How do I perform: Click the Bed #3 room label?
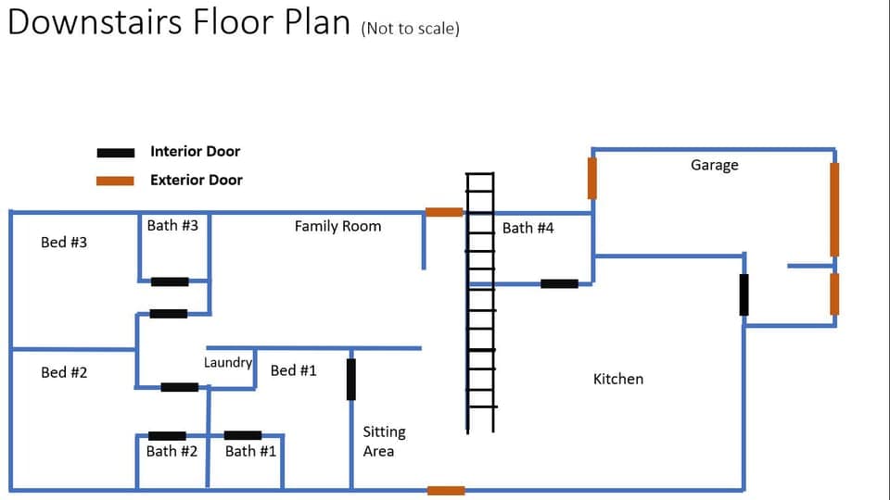coord(64,243)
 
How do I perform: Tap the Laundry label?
coord(228,362)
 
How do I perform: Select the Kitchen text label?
coord(617,379)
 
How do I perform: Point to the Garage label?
coord(714,165)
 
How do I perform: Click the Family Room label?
coord(337,226)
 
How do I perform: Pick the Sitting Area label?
coord(384,442)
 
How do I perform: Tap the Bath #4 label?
coord(528,228)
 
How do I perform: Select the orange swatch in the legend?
coord(116,181)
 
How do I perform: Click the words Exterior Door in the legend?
coord(196,180)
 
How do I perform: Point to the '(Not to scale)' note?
coord(411,28)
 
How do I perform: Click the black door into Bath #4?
coord(559,283)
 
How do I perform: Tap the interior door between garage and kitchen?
coord(744,294)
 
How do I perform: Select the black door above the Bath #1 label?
coord(243,435)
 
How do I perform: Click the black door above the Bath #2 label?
coord(167,435)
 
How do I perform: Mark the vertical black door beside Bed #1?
coord(350,379)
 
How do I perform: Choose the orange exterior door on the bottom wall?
coord(446,490)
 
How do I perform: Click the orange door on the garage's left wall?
coord(592,178)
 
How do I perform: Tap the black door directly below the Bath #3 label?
coord(170,281)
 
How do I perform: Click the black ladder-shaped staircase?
coord(480,302)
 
